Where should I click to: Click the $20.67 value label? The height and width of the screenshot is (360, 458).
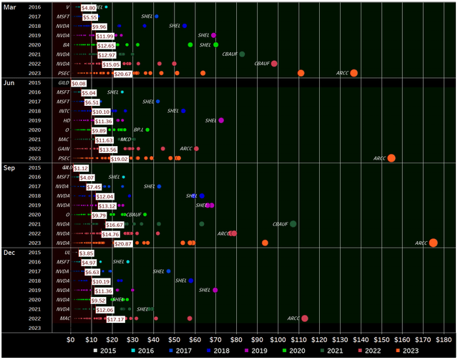coord(122,74)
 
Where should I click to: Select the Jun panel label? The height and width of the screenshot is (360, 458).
coord(9,84)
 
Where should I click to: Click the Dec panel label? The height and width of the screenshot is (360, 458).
coord(10,253)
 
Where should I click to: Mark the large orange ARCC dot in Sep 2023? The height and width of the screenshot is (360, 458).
coord(433,243)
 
